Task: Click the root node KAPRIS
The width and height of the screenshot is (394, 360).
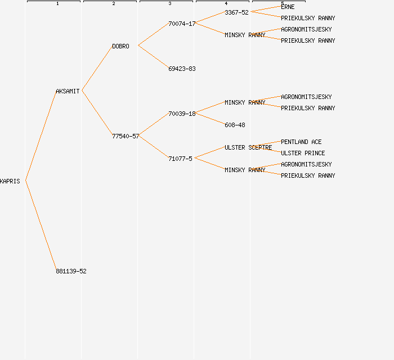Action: [10, 181]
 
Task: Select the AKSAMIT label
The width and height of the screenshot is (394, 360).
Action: [68, 91]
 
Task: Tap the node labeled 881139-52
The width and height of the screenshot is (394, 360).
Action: [71, 271]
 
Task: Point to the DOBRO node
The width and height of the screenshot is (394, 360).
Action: [120, 46]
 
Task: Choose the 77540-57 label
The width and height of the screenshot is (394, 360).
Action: [126, 136]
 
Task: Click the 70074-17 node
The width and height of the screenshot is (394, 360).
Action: [182, 24]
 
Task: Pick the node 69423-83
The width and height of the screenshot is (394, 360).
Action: [182, 69]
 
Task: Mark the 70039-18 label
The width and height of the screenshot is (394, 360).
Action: [182, 114]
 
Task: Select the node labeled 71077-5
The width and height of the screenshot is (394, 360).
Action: [180, 159]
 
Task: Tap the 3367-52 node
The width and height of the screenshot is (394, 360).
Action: [236, 12]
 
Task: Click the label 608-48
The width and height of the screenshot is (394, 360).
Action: [235, 125]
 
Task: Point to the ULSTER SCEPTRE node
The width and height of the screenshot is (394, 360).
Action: [248, 147]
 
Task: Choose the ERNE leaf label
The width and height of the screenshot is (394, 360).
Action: [288, 7]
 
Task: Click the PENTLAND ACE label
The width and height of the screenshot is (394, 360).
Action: [301, 142]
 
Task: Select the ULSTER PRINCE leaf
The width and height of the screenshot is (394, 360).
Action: [303, 153]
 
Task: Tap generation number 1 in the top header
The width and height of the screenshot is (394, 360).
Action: [57, 4]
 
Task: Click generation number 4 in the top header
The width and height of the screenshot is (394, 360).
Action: [226, 4]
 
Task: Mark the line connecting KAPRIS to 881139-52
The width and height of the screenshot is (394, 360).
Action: [41, 225]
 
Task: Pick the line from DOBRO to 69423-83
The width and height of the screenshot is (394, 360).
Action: [153, 57]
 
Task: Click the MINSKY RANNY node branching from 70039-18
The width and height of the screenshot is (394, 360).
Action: [245, 102]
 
